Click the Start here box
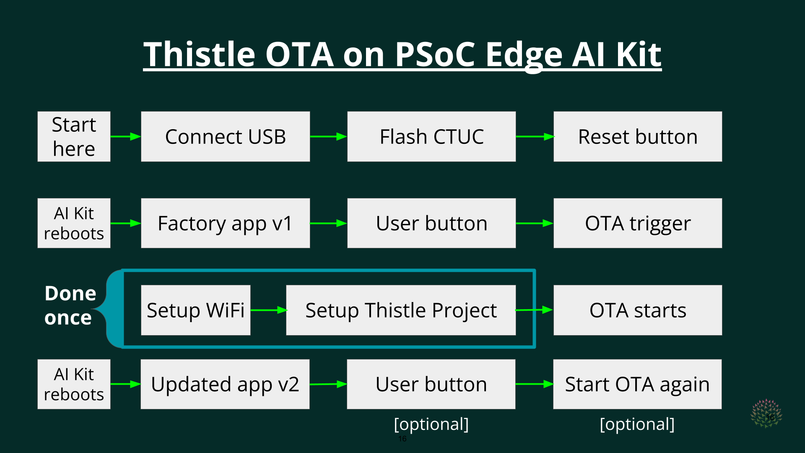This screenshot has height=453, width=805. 74,136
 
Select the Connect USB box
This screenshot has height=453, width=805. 226,136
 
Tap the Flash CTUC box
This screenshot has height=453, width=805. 431,136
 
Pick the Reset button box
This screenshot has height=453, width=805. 638,136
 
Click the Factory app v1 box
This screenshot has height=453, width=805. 226,223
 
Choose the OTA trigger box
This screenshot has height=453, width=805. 638,223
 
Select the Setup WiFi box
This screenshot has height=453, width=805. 196,310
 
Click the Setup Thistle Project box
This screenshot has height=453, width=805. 401,310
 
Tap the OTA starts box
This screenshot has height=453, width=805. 638,310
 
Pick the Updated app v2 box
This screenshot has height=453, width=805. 225,384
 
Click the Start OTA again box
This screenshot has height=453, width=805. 637,384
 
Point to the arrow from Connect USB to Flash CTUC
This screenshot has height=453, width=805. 329,136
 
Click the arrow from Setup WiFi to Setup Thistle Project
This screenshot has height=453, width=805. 269,310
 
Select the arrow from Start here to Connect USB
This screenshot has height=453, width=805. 126,136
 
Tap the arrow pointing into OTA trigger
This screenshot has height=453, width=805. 535,223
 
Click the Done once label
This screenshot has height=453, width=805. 70,305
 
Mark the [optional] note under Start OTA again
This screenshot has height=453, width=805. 637,424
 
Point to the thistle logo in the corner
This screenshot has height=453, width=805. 766,413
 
